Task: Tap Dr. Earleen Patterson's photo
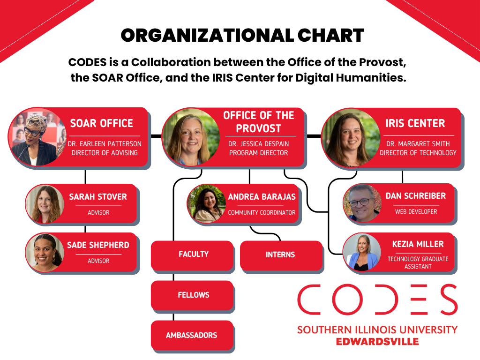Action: pyautogui.click(x=37, y=137)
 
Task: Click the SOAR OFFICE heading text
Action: pyautogui.click(x=102, y=123)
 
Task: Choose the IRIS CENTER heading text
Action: pyautogui.click(x=415, y=123)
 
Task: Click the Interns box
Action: pyautogui.click(x=280, y=255)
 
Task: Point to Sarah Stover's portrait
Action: pyautogui.click(x=45, y=204)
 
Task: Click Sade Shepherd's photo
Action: pyautogui.click(x=45, y=252)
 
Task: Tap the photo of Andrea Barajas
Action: pyautogui.click(x=206, y=203)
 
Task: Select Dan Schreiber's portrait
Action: pyautogui.click(x=362, y=203)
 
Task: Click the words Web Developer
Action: pyautogui.click(x=416, y=211)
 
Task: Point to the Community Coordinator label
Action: pyautogui.click(x=262, y=212)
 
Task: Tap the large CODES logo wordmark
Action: pyautogui.click(x=377, y=300)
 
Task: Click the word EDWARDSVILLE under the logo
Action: pyautogui.click(x=377, y=342)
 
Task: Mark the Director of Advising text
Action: pyautogui.click(x=105, y=152)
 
